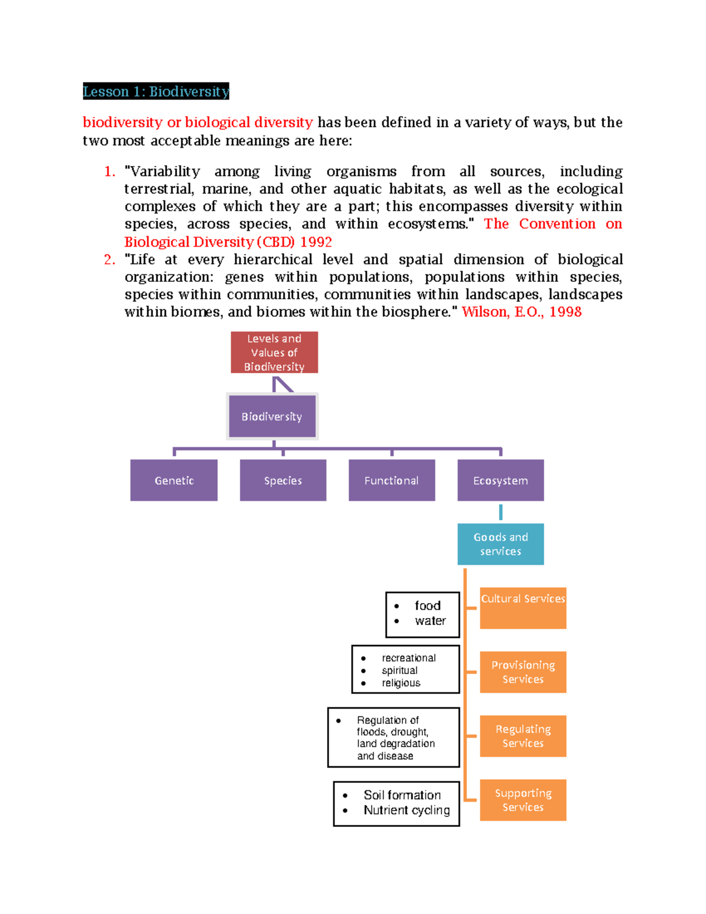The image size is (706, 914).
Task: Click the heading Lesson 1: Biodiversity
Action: point(156,91)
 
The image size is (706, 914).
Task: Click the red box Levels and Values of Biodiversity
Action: point(274,353)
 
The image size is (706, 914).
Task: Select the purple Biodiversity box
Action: point(272,416)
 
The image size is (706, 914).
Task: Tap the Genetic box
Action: point(174,480)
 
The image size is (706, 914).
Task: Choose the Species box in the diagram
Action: point(283,480)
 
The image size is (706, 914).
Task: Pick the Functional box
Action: point(392,480)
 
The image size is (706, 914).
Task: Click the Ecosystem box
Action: point(501,480)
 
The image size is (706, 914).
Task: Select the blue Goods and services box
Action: point(501,544)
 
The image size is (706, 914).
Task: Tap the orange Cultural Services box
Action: point(523,607)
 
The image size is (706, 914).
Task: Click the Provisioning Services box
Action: point(523,672)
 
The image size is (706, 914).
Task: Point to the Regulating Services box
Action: point(523,736)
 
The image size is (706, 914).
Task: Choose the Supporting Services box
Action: point(523,800)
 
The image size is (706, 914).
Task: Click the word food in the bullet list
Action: point(428,606)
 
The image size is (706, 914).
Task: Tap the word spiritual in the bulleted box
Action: point(399,670)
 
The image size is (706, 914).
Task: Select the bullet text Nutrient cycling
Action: point(407,810)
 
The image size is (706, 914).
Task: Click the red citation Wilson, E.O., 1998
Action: point(522,312)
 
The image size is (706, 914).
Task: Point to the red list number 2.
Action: point(109,260)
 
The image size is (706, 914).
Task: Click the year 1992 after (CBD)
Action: point(316,242)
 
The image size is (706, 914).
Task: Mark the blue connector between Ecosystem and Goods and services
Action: point(501,512)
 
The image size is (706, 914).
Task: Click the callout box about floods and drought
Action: point(394,737)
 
